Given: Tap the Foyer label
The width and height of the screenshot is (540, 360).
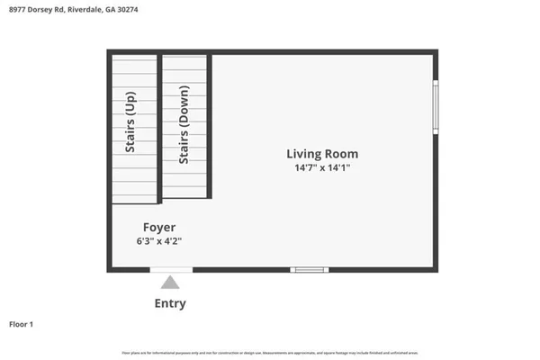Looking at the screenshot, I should tap(158, 227).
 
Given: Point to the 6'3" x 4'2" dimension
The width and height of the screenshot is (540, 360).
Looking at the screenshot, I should tap(158, 241).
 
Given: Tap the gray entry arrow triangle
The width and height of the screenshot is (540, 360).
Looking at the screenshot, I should tap(170, 283).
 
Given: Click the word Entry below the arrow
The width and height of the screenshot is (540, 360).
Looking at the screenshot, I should tap(170, 303).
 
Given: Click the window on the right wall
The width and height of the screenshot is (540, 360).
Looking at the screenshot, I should tap(436, 107).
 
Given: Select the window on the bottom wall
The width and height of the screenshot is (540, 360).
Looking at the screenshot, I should tap(310, 269).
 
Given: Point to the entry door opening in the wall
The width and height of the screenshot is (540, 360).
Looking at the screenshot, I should tap(170, 269).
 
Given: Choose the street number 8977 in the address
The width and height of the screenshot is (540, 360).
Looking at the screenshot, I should tap(16, 8).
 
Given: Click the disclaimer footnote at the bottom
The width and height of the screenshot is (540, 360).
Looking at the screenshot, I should tap(270, 351).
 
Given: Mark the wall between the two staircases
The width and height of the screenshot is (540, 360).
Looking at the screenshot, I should tap(159, 126).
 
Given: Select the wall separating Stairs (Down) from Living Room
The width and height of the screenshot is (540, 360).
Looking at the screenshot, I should tap(210, 126).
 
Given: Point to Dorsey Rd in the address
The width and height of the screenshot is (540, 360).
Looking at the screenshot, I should tap(47, 8).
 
